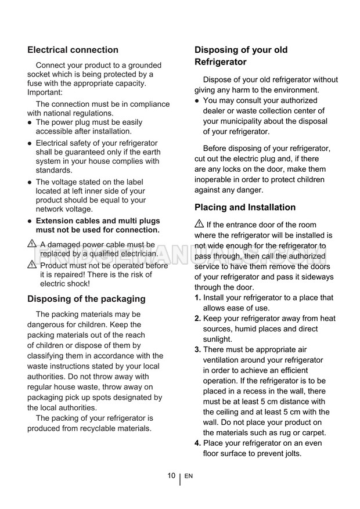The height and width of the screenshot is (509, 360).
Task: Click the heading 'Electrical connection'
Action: pyautogui.click(x=73, y=50)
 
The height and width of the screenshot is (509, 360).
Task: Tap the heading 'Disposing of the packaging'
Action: pyautogui.click(x=87, y=299)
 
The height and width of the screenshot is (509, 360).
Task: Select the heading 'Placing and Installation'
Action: pyautogui.click(x=245, y=207)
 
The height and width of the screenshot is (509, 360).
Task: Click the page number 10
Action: pyautogui.click(x=171, y=475)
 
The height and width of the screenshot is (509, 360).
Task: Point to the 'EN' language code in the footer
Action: pyautogui.click(x=189, y=476)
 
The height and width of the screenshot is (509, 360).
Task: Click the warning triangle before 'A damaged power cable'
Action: pyautogui.click(x=32, y=244)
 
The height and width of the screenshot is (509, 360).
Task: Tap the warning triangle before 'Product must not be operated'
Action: pyautogui.click(x=32, y=265)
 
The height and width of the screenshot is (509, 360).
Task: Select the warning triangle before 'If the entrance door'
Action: pyautogui.click(x=199, y=225)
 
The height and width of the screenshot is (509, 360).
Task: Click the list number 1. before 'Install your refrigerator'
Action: pyautogui.click(x=197, y=298)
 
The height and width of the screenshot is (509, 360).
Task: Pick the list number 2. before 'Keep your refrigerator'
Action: pyautogui.click(x=197, y=318)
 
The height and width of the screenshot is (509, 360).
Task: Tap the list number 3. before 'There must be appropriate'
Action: pyautogui.click(x=197, y=349)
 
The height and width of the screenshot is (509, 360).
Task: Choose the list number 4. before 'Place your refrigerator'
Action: pyautogui.click(x=197, y=443)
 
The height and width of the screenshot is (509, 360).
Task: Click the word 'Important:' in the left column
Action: pyautogui.click(x=45, y=92)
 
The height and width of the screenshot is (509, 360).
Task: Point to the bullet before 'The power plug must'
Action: pyautogui.click(x=30, y=122)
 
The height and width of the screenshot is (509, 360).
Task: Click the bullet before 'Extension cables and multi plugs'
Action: pyautogui.click(x=30, y=221)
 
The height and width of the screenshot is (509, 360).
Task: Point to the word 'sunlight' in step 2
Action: pyautogui.click(x=217, y=339)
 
